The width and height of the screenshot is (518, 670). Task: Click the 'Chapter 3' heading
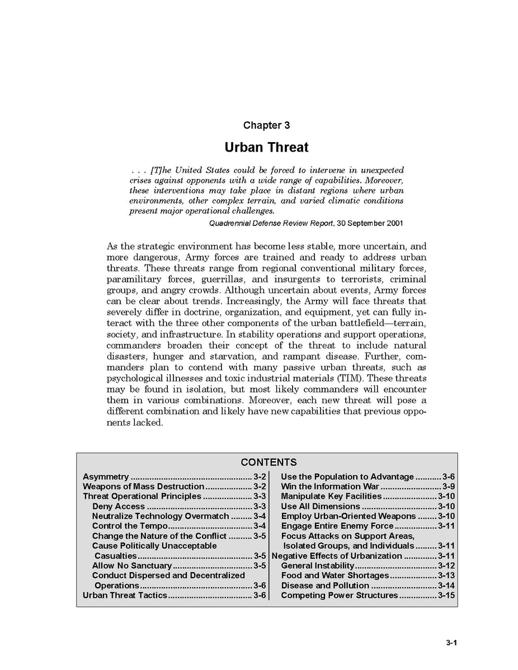click(266, 125)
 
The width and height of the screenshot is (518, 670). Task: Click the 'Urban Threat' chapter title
click(266, 147)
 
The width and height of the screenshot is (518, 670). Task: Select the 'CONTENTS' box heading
click(269, 463)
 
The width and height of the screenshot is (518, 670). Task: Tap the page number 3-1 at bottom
click(452, 643)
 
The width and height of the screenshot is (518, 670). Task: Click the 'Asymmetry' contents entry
click(106, 477)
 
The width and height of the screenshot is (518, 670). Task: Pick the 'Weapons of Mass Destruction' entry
click(143, 487)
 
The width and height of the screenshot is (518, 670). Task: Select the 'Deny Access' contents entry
click(119, 506)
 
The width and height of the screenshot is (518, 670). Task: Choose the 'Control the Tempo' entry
click(130, 526)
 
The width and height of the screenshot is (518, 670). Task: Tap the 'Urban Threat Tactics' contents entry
click(125, 595)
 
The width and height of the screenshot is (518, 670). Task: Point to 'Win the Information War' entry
click(330, 487)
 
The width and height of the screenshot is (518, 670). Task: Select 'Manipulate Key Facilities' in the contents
click(331, 497)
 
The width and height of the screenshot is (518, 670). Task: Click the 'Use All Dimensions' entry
click(321, 506)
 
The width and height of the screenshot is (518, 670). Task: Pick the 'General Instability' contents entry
click(318, 565)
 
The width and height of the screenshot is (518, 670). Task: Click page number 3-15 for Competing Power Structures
click(446, 595)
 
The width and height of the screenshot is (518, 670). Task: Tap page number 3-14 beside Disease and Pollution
click(446, 586)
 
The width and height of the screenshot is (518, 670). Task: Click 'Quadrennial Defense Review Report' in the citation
click(271, 223)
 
